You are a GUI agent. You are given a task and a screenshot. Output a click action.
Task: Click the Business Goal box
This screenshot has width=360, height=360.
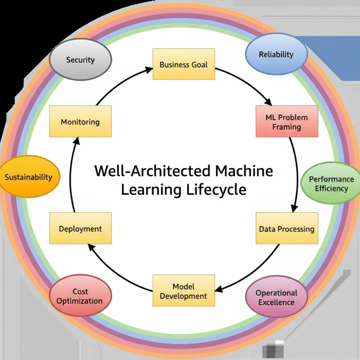[x=184, y=64]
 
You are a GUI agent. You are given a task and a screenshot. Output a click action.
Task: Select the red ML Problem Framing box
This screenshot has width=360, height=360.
[x=287, y=121]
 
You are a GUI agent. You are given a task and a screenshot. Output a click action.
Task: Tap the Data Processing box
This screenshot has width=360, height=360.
[x=287, y=229]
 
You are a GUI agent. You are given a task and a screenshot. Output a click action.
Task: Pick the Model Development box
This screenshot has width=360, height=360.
[x=184, y=290]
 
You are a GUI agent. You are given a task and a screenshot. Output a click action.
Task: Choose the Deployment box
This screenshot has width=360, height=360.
[x=81, y=229]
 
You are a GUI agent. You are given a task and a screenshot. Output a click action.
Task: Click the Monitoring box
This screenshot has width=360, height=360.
[x=81, y=122]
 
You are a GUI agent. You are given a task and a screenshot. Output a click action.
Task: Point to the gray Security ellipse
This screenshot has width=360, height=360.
[x=81, y=60]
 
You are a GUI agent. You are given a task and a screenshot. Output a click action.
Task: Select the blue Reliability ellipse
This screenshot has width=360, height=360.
[x=276, y=54]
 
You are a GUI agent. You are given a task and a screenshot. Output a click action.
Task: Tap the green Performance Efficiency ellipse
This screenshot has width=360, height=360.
[x=331, y=183]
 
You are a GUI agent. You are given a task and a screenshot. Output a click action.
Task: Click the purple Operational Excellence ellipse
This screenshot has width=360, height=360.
[x=276, y=297]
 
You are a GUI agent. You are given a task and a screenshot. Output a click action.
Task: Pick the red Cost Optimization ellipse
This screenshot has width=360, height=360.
[x=80, y=296]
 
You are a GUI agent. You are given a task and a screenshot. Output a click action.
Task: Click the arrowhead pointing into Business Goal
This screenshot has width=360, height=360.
[x=149, y=69]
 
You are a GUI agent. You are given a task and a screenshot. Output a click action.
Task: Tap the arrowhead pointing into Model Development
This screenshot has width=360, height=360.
[x=219, y=289]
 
